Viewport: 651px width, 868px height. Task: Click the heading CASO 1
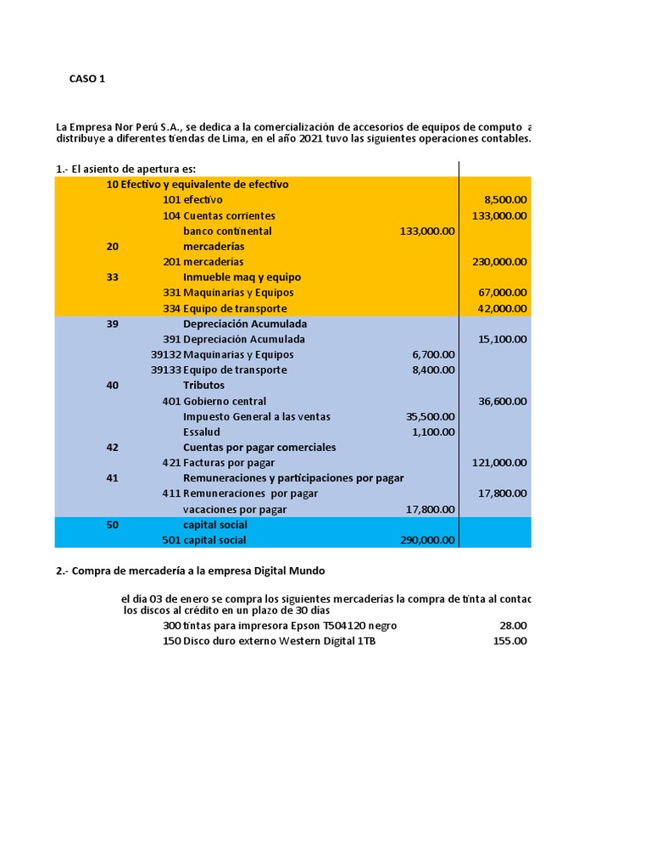pyautogui.click(x=87, y=79)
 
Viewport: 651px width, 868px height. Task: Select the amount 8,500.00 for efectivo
pyautogui.click(x=505, y=200)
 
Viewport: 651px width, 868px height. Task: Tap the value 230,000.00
pyautogui.click(x=499, y=262)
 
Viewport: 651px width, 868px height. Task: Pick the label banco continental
pyautogui.click(x=227, y=231)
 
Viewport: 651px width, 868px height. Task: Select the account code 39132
pyautogui.click(x=166, y=354)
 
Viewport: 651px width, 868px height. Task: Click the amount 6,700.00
pyautogui.click(x=433, y=354)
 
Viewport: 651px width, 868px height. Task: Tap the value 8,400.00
pyautogui.click(x=433, y=370)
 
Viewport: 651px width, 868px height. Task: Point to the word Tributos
pyautogui.click(x=203, y=385)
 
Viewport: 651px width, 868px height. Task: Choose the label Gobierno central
pyautogui.click(x=225, y=401)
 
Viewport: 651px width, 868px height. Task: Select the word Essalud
pyautogui.click(x=202, y=431)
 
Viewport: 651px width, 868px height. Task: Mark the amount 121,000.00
pyautogui.click(x=499, y=462)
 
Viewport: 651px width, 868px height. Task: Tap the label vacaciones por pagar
pyautogui.click(x=235, y=509)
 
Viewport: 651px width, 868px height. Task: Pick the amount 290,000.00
pyautogui.click(x=426, y=540)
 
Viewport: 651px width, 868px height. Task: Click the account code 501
pyautogui.click(x=171, y=540)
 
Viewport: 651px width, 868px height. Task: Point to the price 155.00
pyautogui.click(x=509, y=641)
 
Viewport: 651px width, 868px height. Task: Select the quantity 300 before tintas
pyautogui.click(x=171, y=626)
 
